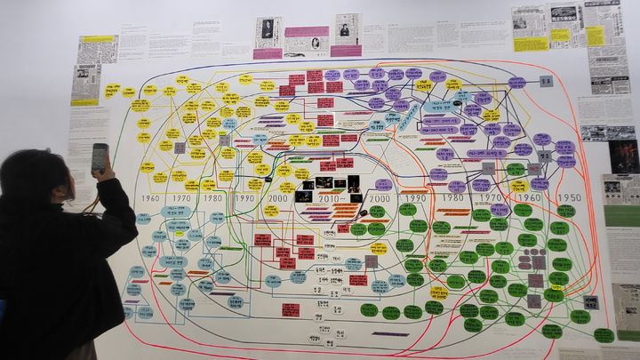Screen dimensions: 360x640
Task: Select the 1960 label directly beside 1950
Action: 530,198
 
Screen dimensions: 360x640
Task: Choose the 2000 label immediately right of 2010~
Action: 380,198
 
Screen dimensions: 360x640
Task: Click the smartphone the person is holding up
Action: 99,157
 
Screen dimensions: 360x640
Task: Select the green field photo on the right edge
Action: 622,215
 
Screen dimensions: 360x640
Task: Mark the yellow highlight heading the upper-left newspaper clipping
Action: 97,39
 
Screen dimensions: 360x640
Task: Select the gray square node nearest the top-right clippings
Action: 546,81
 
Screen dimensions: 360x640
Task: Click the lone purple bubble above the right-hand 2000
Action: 383,184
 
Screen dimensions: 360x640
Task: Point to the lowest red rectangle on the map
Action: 291,309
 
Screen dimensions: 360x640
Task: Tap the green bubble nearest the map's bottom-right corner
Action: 604,335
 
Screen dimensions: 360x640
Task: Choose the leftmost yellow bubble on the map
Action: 112,91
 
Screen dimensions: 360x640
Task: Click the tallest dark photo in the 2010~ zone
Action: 354,185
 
